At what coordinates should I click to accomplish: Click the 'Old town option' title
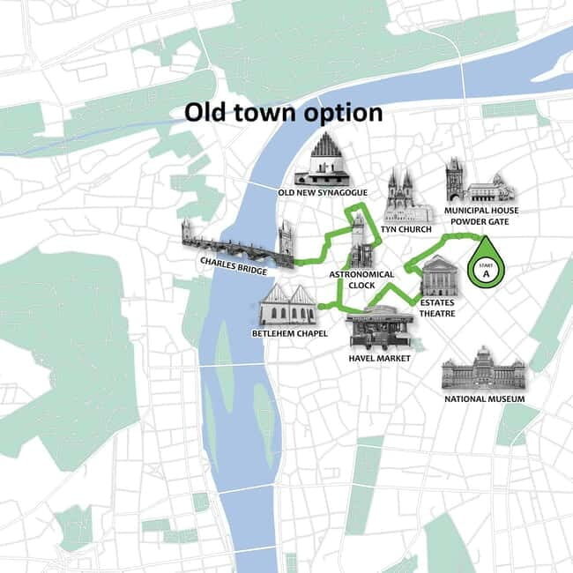pos(283,113)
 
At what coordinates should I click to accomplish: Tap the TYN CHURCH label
pos(406,229)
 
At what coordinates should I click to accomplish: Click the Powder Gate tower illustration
pos(455,181)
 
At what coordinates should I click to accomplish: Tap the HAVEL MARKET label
pos(379,358)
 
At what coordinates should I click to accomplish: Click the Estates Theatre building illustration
pos(439,276)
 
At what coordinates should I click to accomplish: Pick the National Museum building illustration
pos(483,368)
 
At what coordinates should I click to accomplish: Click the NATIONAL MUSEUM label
pos(484,399)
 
